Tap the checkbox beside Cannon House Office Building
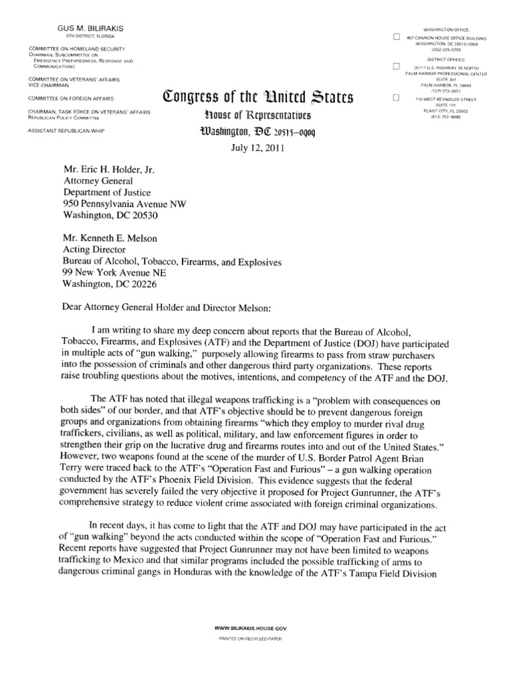397,38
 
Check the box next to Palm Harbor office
397,67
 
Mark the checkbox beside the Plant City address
397,98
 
